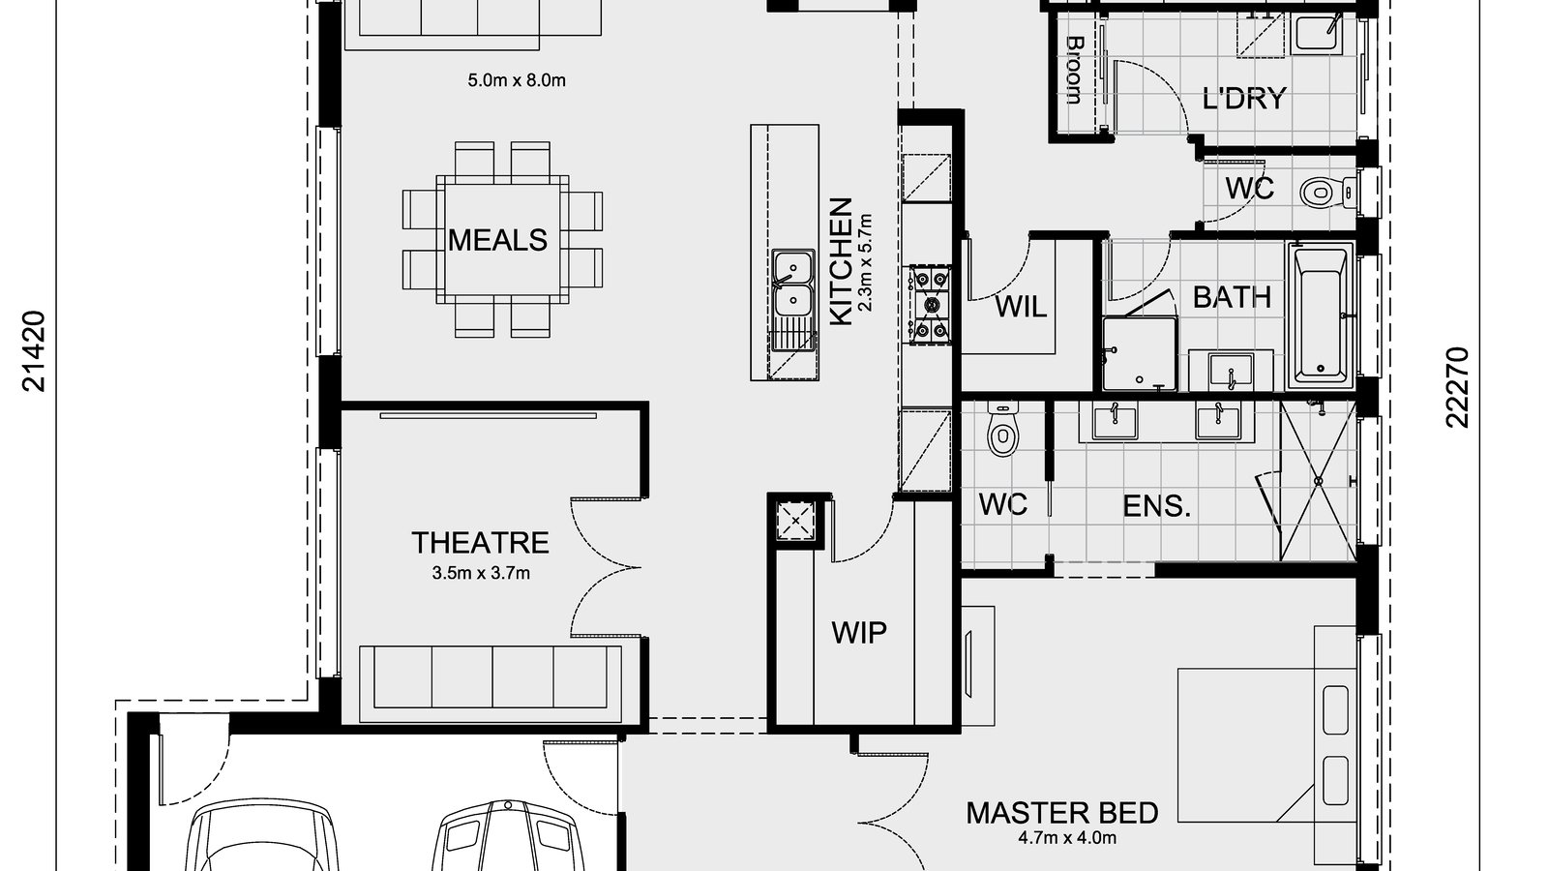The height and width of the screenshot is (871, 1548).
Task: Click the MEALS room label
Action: (x=498, y=240)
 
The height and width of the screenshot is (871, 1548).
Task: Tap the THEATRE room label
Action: (x=480, y=542)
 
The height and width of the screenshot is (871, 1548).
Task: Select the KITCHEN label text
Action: (x=842, y=262)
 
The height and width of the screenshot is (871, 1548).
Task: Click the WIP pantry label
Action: (x=859, y=633)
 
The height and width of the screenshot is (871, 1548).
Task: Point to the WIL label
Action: (x=1021, y=308)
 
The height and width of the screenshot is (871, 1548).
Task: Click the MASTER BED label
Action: (x=1062, y=813)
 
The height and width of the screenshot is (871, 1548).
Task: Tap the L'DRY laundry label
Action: (x=1244, y=99)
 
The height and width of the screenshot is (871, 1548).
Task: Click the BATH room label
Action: (x=1232, y=296)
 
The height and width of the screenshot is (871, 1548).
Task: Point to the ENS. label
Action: (x=1156, y=505)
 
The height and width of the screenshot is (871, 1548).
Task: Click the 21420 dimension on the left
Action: (x=35, y=350)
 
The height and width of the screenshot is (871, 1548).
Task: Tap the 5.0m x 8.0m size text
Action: (x=517, y=80)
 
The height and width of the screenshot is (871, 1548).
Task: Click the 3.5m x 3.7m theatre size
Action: (x=481, y=573)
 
